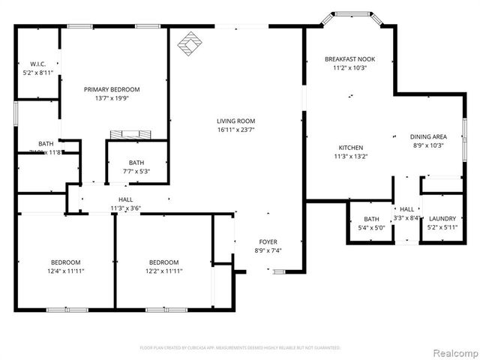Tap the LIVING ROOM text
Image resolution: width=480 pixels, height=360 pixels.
[x=236, y=121]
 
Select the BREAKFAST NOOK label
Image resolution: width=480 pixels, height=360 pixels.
[x=349, y=58]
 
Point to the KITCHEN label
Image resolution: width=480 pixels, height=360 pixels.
[x=351, y=148]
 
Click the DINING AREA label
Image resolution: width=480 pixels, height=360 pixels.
[x=428, y=136]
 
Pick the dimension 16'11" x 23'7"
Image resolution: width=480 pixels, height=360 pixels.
[x=236, y=130]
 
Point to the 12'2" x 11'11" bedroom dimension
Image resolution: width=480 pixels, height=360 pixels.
[x=163, y=271]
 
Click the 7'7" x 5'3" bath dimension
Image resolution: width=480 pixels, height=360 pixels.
[x=136, y=172]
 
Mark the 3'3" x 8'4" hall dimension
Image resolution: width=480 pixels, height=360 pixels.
[x=406, y=218]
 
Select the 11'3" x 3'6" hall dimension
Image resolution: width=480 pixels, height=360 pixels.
[x=126, y=208]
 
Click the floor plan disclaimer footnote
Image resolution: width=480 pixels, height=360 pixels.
[x=240, y=348]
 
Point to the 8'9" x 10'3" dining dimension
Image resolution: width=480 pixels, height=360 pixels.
[x=428, y=145]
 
